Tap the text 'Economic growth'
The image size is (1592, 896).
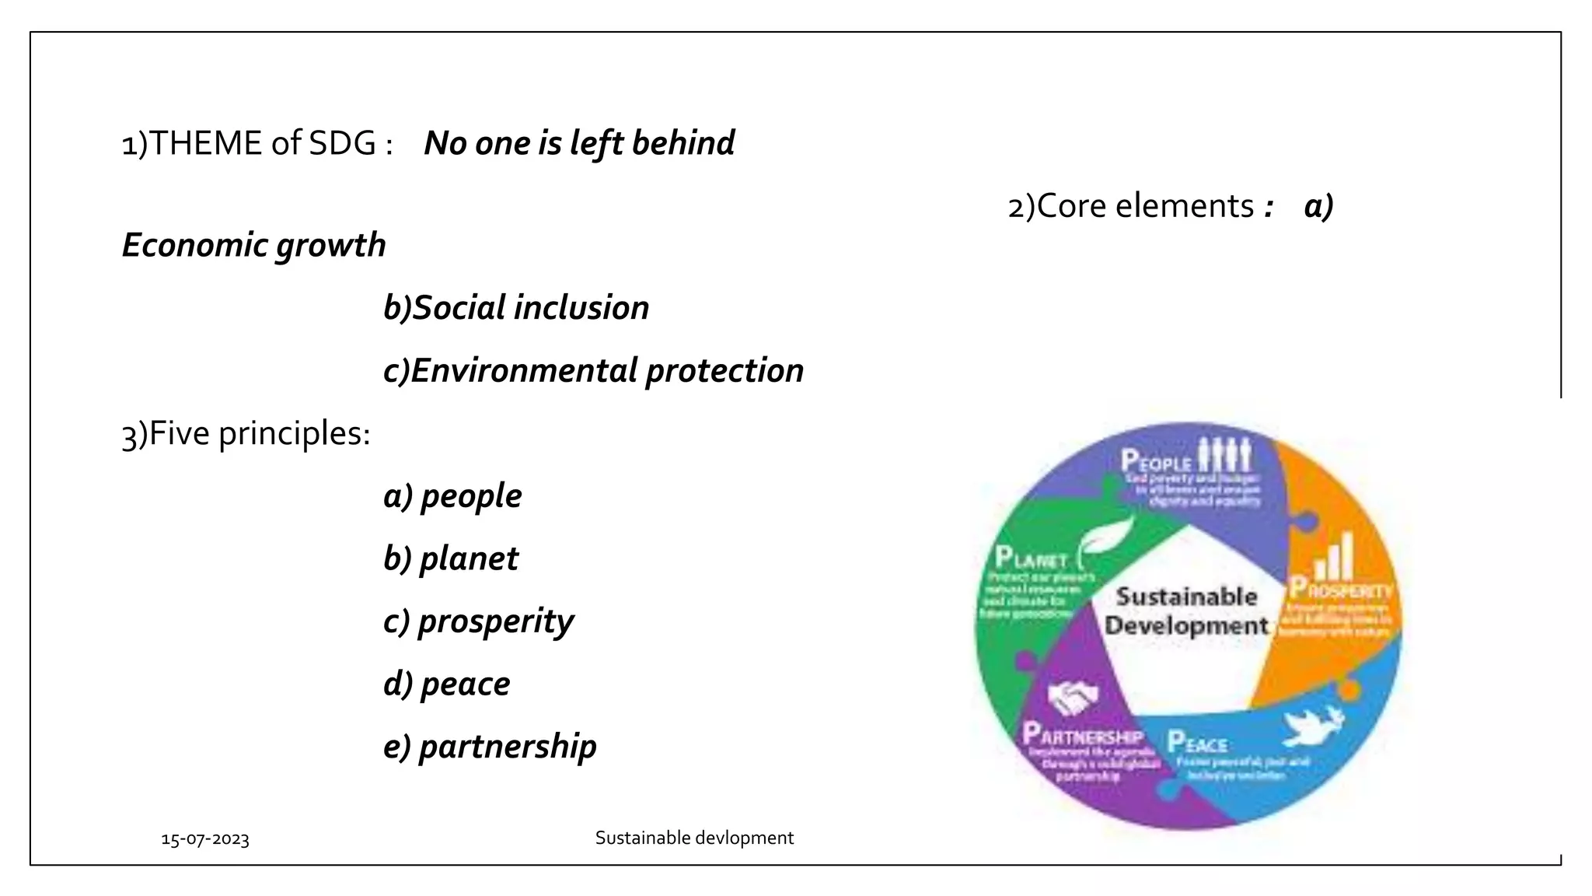[x=254, y=246]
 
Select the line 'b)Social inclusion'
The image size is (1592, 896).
[x=516, y=308]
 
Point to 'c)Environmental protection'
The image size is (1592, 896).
[x=593, y=371]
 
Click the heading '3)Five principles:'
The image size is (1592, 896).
[x=246, y=434]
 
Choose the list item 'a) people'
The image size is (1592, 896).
[x=452, y=496]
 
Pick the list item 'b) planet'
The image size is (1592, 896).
[x=451, y=559]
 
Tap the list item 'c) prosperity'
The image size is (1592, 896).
[x=478, y=622]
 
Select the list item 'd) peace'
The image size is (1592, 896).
[x=447, y=684]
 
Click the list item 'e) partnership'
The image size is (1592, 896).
[x=490, y=747]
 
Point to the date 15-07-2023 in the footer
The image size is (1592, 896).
[x=205, y=839]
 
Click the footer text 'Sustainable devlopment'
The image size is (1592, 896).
[x=694, y=838]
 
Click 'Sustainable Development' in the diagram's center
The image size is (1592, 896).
[x=1186, y=611]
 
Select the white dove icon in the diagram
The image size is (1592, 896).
[x=1314, y=725]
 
